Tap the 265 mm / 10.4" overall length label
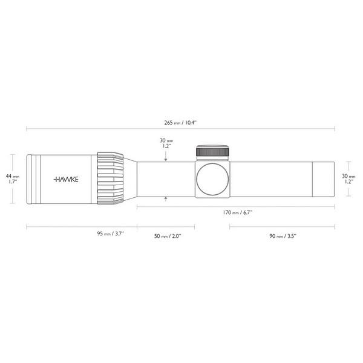tap(181, 123)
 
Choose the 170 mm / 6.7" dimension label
tap(237, 213)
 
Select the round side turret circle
tap(213, 179)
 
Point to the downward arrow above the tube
tap(166, 159)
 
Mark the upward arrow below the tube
tap(166, 198)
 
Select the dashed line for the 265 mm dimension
tap(91, 128)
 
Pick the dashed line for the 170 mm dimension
tap(181, 207)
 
